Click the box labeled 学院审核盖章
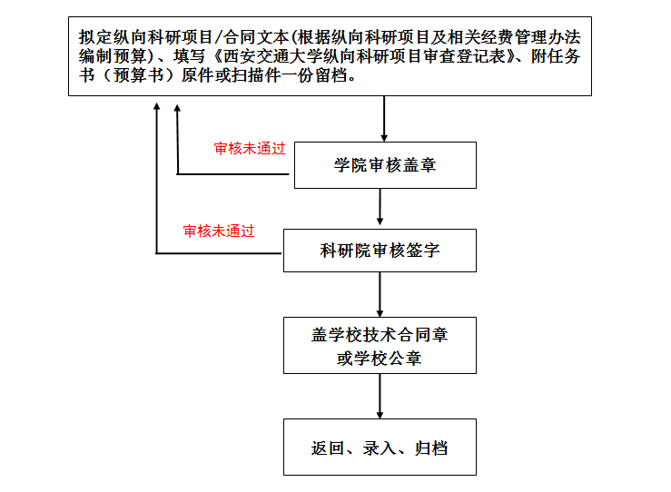(x=385, y=165)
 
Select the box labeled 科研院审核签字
(x=380, y=251)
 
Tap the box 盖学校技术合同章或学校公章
(x=380, y=345)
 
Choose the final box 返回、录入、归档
(x=380, y=447)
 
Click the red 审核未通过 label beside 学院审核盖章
(x=250, y=149)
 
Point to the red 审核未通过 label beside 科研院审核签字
(x=219, y=231)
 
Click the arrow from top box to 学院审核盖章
(x=384, y=119)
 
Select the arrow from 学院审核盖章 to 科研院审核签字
(x=380, y=207)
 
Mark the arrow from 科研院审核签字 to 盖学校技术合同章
(x=380, y=294)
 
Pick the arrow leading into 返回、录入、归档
(x=380, y=396)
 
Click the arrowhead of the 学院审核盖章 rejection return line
(x=177, y=109)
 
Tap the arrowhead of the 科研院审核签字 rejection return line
(x=157, y=106)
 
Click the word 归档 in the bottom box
(x=431, y=448)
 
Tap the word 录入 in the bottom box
(x=380, y=448)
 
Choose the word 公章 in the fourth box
(x=405, y=358)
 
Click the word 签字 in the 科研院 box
(x=423, y=251)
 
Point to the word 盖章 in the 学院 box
(x=419, y=165)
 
